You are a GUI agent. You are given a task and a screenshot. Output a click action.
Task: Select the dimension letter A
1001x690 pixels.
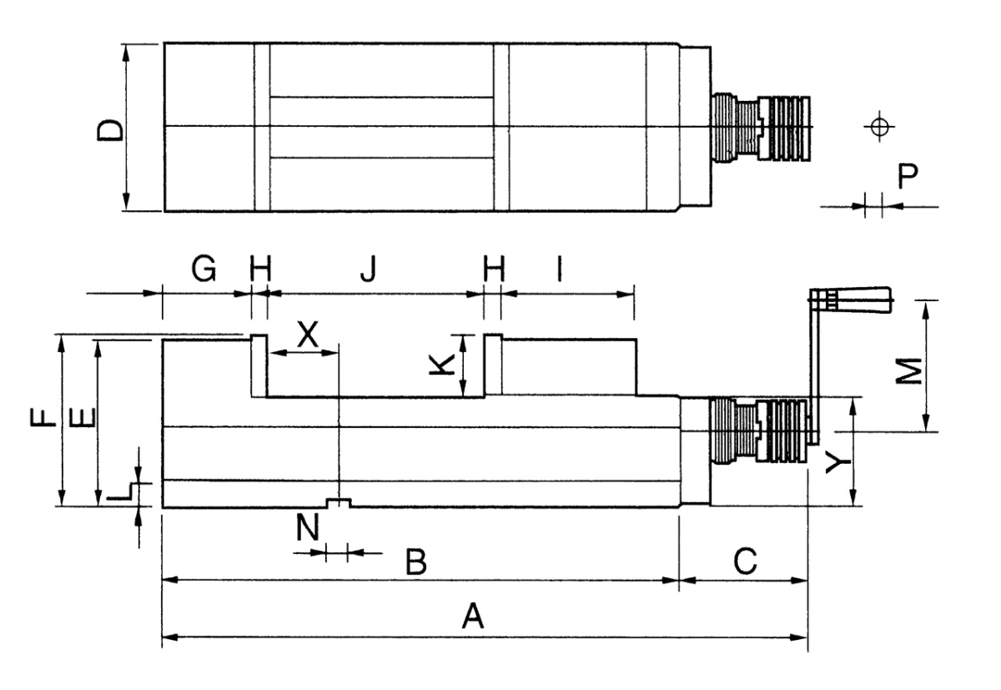pos(473,617)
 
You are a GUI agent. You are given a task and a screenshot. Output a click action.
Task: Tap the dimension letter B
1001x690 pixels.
pos(415,562)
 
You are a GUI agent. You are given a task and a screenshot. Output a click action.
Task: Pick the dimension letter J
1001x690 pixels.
pos(368,269)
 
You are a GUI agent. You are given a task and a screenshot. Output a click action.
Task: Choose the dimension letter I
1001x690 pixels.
pos(561,269)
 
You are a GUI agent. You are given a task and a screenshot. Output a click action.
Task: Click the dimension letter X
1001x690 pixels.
pos(308,335)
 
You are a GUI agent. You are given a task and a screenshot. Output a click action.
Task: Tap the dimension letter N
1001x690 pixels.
pos(309,527)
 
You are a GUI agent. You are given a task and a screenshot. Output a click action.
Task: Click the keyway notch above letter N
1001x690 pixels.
pos(339,502)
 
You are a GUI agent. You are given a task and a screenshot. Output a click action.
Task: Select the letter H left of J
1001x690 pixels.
pos(261,269)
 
